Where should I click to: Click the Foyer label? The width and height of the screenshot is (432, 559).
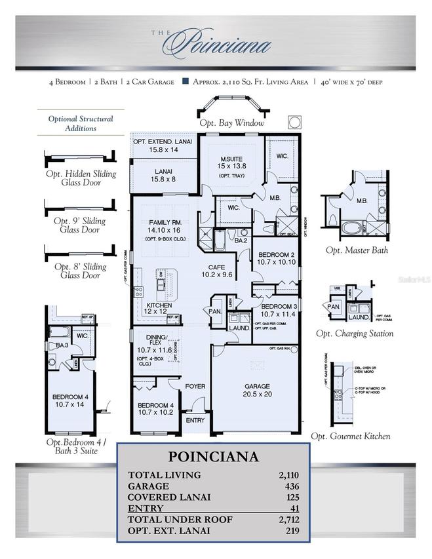195,387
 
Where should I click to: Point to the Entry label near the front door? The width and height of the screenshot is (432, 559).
195,420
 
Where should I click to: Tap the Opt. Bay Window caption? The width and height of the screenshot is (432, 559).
232,123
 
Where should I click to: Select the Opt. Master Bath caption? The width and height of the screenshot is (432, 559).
356,250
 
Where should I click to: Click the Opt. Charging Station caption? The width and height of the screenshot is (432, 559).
355,334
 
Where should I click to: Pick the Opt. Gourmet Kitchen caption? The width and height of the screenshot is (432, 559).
351,436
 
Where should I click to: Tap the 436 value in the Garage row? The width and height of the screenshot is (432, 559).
292,486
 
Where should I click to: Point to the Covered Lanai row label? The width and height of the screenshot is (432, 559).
169,497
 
